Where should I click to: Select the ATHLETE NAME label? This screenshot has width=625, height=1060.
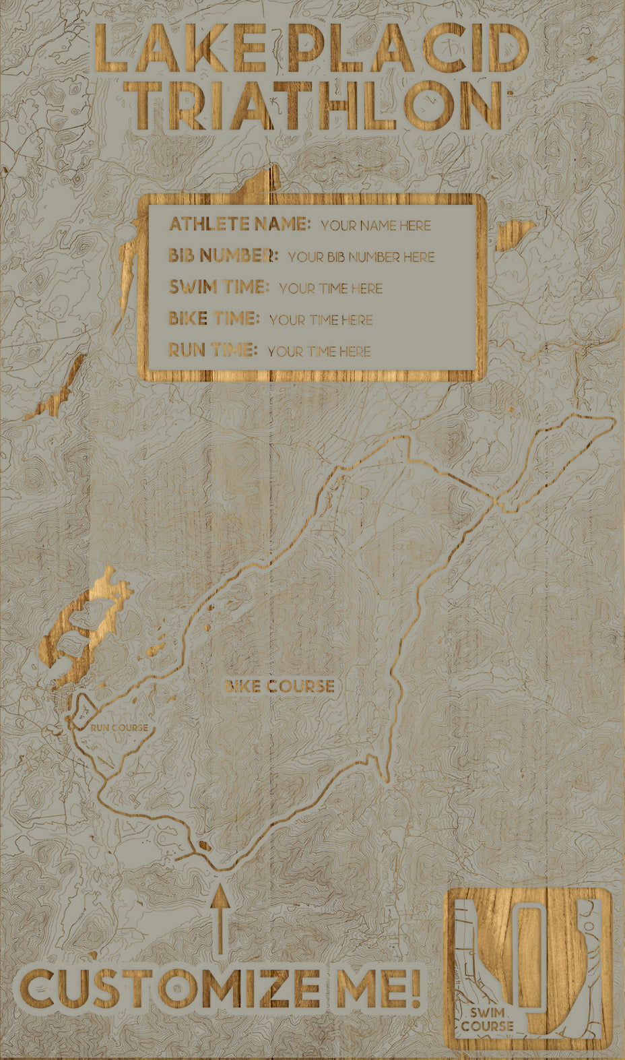coord(239,224)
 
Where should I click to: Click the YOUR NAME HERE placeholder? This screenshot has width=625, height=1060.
coord(375,226)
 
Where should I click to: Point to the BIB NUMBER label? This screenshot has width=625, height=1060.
coord(223,255)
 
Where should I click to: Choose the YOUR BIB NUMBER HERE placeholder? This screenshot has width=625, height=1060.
coord(361,257)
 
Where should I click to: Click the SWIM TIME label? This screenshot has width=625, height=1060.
coord(218,287)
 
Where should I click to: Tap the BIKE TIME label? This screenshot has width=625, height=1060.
coord(213,318)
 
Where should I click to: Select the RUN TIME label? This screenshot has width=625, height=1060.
coord(213,350)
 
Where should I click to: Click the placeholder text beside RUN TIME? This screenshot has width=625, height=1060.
coord(319,352)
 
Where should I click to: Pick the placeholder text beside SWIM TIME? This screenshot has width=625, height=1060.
coord(331,289)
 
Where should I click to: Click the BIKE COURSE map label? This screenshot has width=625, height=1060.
coord(279,687)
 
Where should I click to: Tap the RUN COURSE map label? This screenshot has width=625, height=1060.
coord(119,728)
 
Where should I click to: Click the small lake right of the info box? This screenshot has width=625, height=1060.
coord(517,232)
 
